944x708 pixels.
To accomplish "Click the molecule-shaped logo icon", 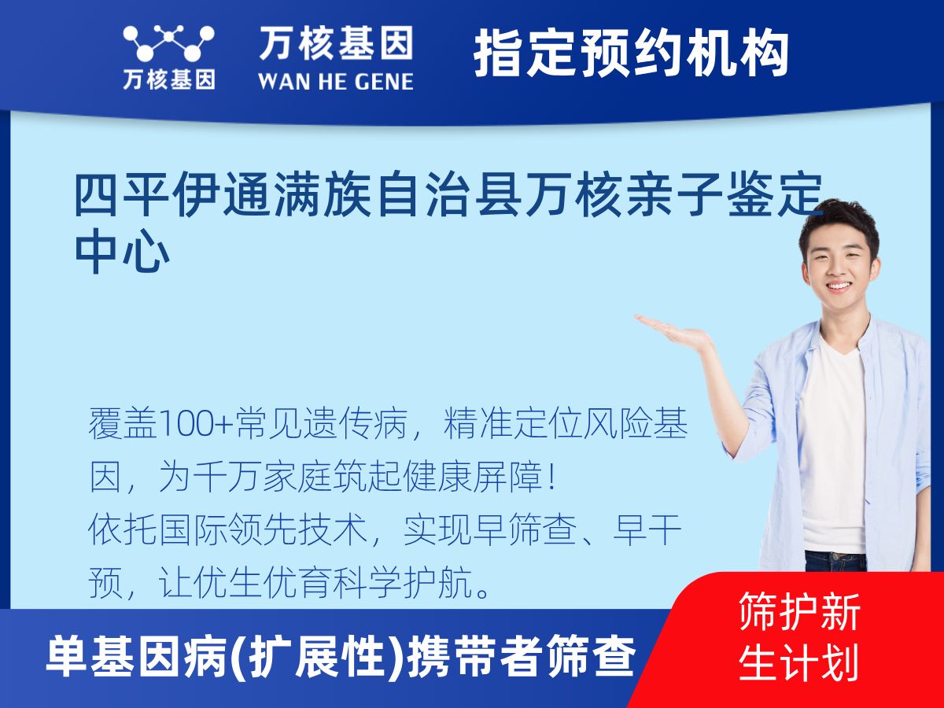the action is [x=168, y=43].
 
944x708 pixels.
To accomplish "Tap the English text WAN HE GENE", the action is [x=336, y=81].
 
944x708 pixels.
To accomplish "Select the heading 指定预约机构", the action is [x=631, y=53].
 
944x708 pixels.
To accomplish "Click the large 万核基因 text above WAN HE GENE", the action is [x=336, y=43].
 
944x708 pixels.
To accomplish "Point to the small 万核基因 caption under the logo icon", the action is [x=169, y=79].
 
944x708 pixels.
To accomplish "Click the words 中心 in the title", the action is [x=122, y=253].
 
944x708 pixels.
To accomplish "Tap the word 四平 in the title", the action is [x=122, y=194].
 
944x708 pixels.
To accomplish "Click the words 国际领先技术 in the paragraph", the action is [x=228, y=529].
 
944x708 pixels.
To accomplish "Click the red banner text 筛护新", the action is [x=799, y=612].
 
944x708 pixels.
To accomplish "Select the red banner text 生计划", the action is [x=799, y=662].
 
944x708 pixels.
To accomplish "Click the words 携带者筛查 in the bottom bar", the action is [x=522, y=656].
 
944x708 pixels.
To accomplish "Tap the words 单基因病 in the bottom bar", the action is [x=136, y=656].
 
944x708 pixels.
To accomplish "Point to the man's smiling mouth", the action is [x=839, y=286].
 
